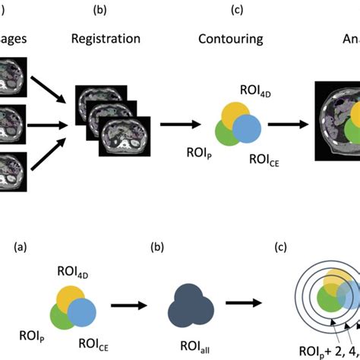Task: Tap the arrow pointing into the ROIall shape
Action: coord(130,305)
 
